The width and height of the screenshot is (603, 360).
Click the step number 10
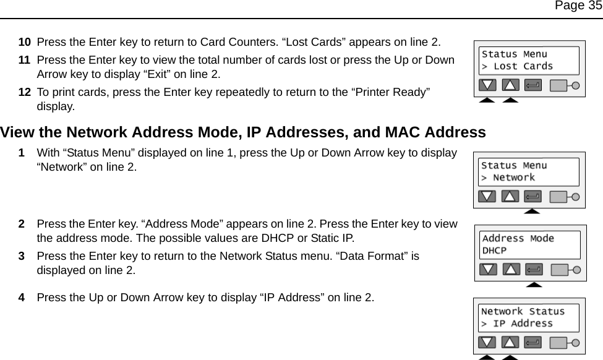pos(25,42)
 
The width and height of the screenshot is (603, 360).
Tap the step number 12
pos(25,92)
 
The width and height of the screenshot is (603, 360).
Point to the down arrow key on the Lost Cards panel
pos(489,85)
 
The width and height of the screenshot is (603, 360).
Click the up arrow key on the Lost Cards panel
pos(510,85)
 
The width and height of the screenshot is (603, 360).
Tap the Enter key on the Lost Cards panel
pos(532,85)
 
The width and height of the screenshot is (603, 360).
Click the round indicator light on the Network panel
pos(576,197)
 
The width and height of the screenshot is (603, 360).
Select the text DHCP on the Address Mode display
pos(494,251)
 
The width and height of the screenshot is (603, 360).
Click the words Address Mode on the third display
pos(518,239)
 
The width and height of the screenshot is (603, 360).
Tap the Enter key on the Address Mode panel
pos(532,270)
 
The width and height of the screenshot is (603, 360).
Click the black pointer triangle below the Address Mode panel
pos(533,285)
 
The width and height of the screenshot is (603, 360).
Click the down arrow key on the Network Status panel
pos(488,342)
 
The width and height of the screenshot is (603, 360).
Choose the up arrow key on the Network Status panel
pos(510,342)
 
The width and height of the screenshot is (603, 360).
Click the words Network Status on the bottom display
pos(523,312)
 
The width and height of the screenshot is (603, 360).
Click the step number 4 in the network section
pos(22,298)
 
